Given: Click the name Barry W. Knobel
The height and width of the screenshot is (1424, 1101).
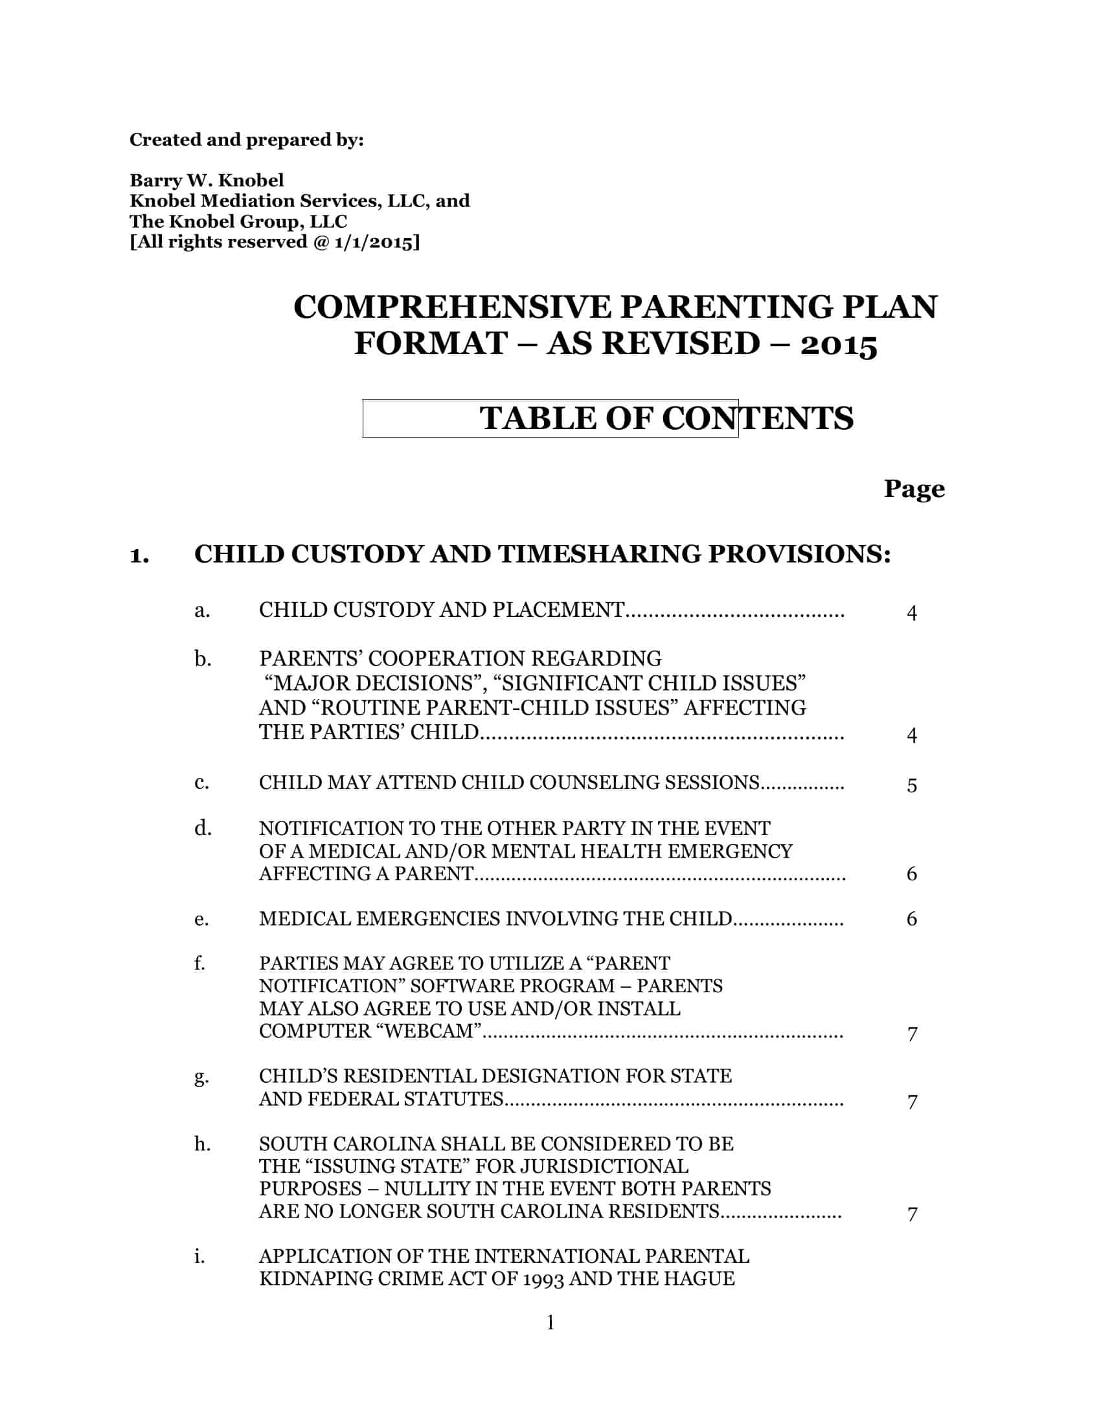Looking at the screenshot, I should (207, 180).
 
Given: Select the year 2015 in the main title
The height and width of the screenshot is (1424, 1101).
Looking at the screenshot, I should (839, 344).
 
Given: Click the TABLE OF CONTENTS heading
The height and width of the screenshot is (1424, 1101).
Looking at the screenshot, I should (666, 418).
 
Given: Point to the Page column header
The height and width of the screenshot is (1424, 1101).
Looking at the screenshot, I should (914, 489).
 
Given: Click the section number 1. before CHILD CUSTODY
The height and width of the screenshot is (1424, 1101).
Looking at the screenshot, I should (140, 555).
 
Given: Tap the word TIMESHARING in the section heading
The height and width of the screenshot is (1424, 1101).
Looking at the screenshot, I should (600, 554).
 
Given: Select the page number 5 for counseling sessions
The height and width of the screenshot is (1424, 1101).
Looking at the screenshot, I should (912, 785).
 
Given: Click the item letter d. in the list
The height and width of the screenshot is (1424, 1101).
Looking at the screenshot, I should (203, 828).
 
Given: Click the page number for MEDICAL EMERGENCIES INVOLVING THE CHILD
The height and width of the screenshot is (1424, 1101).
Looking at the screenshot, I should (912, 918).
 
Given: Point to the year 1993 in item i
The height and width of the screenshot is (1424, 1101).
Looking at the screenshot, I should (543, 1278).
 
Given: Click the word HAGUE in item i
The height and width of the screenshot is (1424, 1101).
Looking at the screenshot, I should (704, 1278).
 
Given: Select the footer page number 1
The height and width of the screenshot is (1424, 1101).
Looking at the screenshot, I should (550, 1322).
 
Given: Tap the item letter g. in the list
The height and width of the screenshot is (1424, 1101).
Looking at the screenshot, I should (201, 1076).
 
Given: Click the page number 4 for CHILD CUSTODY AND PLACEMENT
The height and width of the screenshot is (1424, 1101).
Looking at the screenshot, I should (912, 613).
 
